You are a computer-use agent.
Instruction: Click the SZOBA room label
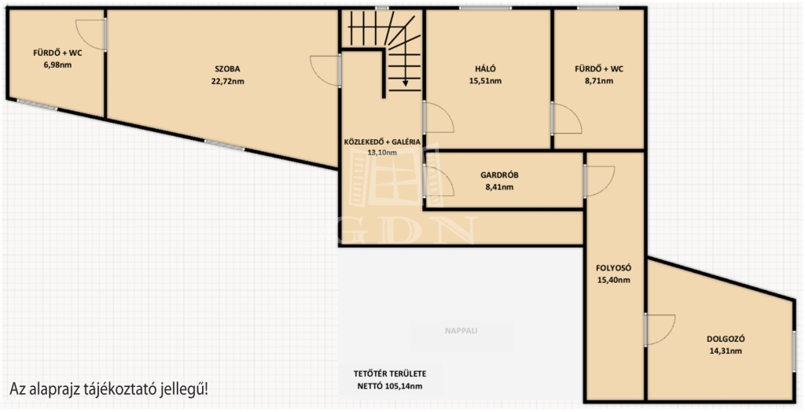[x=227, y=69]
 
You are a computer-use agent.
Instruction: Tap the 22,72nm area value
[x=227, y=81]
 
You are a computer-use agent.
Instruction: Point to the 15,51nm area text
[x=485, y=81]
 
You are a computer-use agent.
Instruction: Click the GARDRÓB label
[x=499, y=175]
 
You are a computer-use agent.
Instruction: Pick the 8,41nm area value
[x=499, y=187]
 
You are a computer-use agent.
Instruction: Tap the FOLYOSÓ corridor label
[x=613, y=268]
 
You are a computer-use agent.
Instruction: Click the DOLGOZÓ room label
[x=726, y=339]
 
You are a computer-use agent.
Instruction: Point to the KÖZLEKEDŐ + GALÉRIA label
[x=382, y=142]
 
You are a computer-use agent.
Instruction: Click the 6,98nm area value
[x=57, y=65]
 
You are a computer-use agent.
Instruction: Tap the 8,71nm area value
[x=599, y=81]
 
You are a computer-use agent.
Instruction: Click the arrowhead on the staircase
[x=405, y=83]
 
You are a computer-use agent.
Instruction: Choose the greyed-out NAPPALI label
[x=461, y=331]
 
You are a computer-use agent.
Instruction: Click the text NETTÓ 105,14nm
[x=390, y=386]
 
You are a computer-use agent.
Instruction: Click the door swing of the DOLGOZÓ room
[x=660, y=329]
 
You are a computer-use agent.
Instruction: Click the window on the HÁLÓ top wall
[x=485, y=8]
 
